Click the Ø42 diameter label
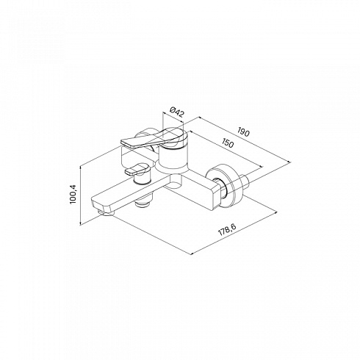[177, 112]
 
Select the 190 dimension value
[243, 132]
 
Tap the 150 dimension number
[228, 143]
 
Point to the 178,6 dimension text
[227, 230]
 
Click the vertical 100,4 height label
[73, 194]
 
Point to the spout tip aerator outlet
[106, 213]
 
